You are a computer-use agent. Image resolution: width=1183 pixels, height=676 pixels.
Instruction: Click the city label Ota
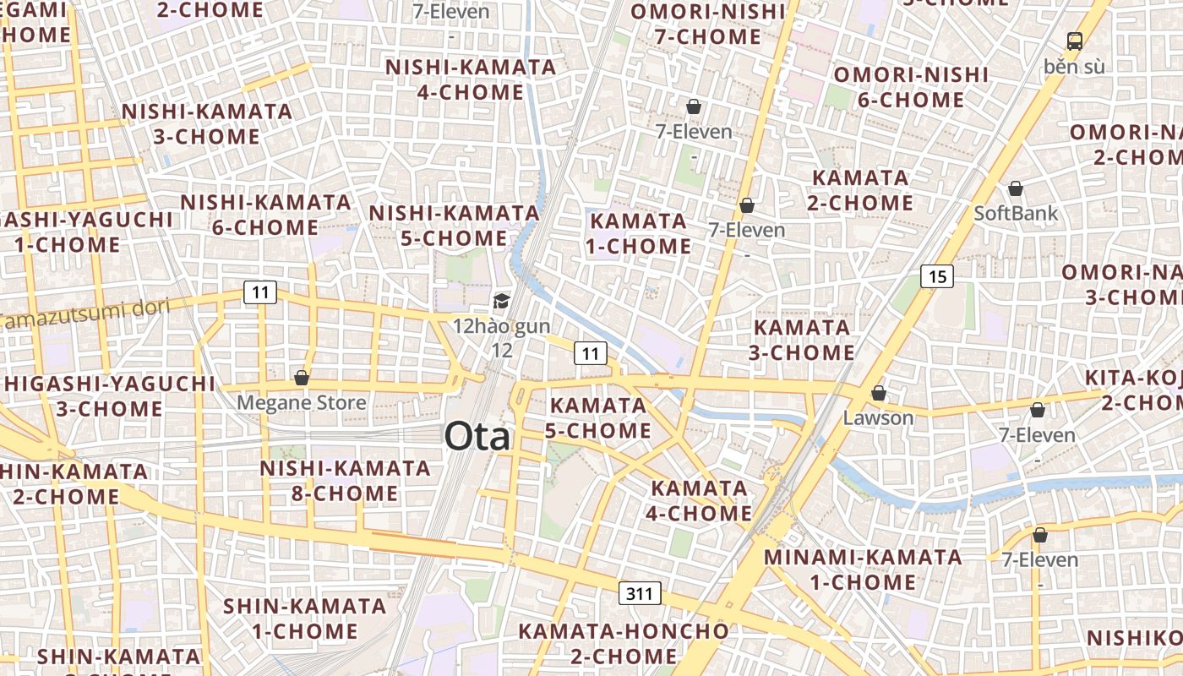click(478, 437)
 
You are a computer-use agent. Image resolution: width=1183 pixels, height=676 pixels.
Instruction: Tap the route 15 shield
click(937, 276)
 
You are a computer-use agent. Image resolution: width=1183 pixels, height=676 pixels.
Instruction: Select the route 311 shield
click(640, 593)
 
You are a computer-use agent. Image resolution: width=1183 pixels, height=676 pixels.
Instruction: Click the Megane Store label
click(302, 402)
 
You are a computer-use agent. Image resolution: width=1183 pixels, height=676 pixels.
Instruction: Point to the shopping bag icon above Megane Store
click(302, 378)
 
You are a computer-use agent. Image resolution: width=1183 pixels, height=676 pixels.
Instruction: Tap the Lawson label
click(879, 417)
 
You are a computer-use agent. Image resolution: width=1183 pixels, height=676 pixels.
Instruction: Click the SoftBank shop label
click(1016, 213)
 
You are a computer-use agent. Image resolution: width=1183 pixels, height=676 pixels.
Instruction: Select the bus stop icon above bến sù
click(1074, 41)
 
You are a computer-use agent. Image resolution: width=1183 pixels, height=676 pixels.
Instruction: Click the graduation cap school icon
click(502, 302)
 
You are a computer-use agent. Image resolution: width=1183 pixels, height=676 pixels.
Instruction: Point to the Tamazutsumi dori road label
click(84, 314)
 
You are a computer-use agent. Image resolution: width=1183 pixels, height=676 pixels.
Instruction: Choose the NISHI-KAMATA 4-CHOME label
click(471, 79)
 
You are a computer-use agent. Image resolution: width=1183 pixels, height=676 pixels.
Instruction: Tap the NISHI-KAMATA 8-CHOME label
click(345, 480)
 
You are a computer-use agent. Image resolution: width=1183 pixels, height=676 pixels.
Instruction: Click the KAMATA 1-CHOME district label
click(640, 233)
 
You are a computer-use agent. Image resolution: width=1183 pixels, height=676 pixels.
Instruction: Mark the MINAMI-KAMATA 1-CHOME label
click(863, 570)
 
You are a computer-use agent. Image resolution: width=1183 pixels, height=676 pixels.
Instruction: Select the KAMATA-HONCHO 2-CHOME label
click(623, 643)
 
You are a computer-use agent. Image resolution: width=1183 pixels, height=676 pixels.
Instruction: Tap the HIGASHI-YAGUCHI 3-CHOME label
click(110, 395)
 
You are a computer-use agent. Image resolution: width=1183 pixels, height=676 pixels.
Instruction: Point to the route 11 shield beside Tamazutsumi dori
click(260, 293)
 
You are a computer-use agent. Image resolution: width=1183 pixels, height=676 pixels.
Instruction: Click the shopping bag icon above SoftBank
click(1016, 188)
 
